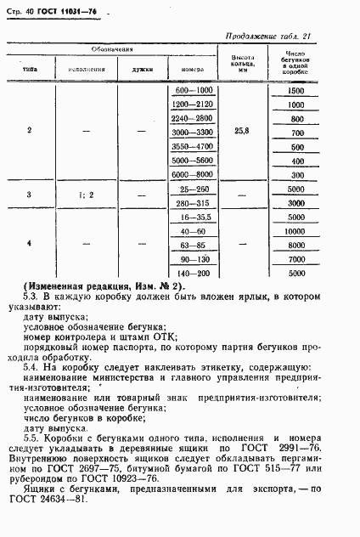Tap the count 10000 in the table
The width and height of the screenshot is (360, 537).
[296, 230]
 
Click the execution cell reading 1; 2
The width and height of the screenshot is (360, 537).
[89, 196]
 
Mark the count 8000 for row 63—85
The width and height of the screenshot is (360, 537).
[296, 245]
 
